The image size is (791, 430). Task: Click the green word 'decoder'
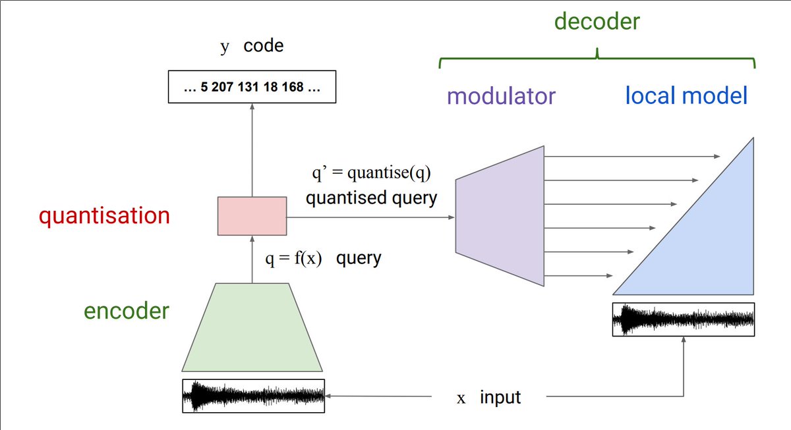click(597, 21)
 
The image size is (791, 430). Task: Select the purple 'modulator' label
click(501, 96)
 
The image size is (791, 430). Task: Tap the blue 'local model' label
click(686, 96)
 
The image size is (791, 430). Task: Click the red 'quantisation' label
click(104, 216)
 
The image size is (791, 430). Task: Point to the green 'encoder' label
click(127, 311)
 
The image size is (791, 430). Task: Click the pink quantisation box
click(252, 215)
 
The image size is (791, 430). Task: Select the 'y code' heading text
click(252, 47)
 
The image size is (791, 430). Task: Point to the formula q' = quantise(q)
click(372, 175)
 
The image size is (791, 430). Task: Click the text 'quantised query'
click(371, 198)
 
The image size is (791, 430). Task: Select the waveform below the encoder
click(253, 396)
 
